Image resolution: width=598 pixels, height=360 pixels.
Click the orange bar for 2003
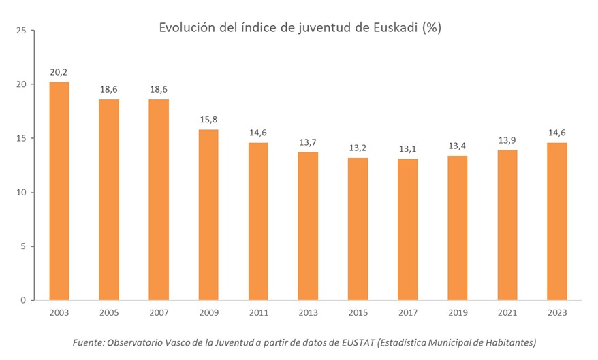point(59,191)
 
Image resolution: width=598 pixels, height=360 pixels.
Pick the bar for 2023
point(556,221)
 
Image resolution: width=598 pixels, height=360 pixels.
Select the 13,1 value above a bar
point(407,148)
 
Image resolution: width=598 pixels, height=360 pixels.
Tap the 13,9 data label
point(507,139)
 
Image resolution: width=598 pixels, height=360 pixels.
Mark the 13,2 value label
point(358,146)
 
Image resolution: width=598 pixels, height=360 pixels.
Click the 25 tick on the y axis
point(22,31)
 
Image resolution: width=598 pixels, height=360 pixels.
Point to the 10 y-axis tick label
point(22,192)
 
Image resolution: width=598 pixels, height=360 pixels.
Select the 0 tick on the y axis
point(24,300)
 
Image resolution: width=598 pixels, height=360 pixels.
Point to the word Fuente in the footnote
point(88,342)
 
